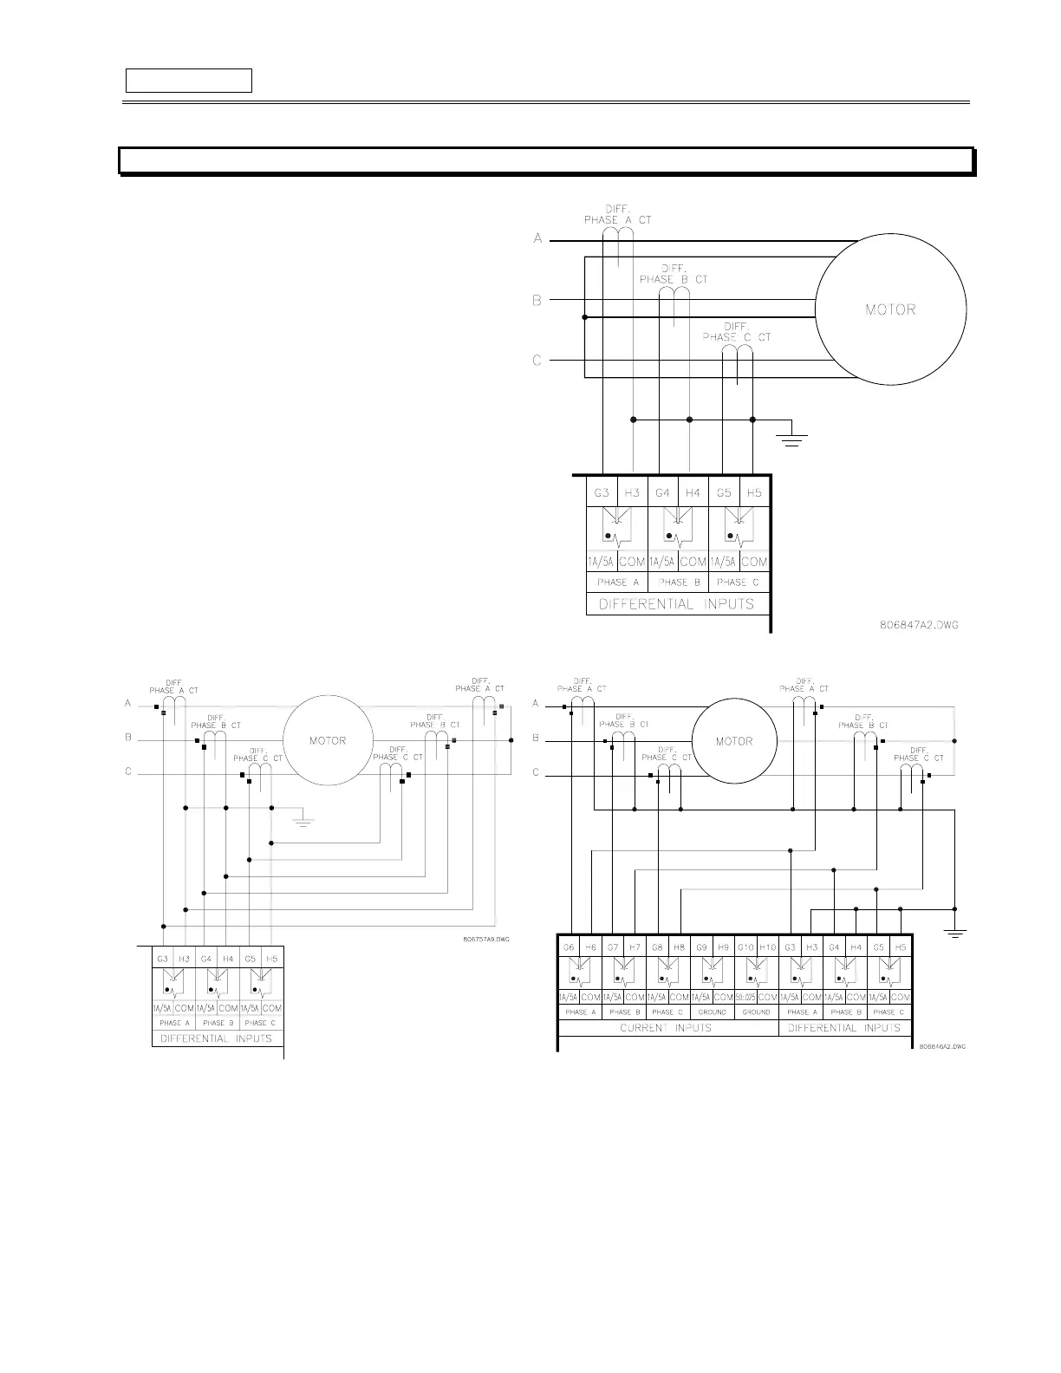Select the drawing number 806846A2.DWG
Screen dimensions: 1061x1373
pyautogui.click(x=942, y=1046)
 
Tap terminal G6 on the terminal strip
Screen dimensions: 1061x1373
pyautogui.click(x=569, y=947)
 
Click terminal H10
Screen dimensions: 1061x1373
pyautogui.click(x=767, y=947)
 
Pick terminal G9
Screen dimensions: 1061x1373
pyautogui.click(x=701, y=947)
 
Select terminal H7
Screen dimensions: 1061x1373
pyautogui.click(x=635, y=947)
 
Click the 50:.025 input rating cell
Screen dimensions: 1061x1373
pyautogui.click(x=745, y=998)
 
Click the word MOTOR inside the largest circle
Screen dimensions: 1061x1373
pyautogui.click(x=890, y=309)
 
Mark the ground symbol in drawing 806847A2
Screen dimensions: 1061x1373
pyautogui.click(x=791, y=437)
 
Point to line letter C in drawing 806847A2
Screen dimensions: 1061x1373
pyautogui.click(x=537, y=360)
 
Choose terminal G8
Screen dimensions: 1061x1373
pyautogui.click(x=657, y=947)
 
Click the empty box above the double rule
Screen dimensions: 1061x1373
pyautogui.click(x=189, y=81)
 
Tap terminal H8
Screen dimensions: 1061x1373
pyautogui.click(x=679, y=947)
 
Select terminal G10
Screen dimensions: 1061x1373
pyautogui.click(x=745, y=947)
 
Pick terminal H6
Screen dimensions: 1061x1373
pyautogui.click(x=590, y=947)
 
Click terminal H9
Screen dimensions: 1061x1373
pyautogui.click(x=723, y=947)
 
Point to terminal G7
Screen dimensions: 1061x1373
pyautogui.click(x=613, y=947)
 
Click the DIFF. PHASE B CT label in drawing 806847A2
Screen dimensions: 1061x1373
pyautogui.click(x=674, y=274)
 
